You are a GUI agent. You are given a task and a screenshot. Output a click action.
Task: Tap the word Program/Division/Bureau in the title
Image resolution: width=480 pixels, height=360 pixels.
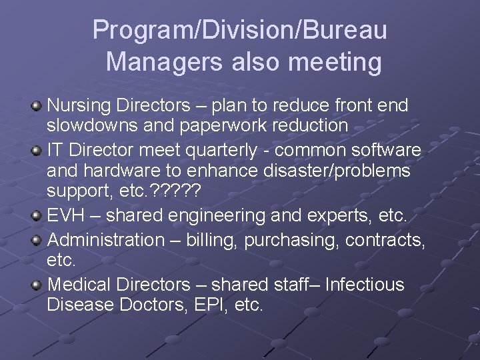[240, 30]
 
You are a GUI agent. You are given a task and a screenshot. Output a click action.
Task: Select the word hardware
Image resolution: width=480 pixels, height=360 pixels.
[122, 171]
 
